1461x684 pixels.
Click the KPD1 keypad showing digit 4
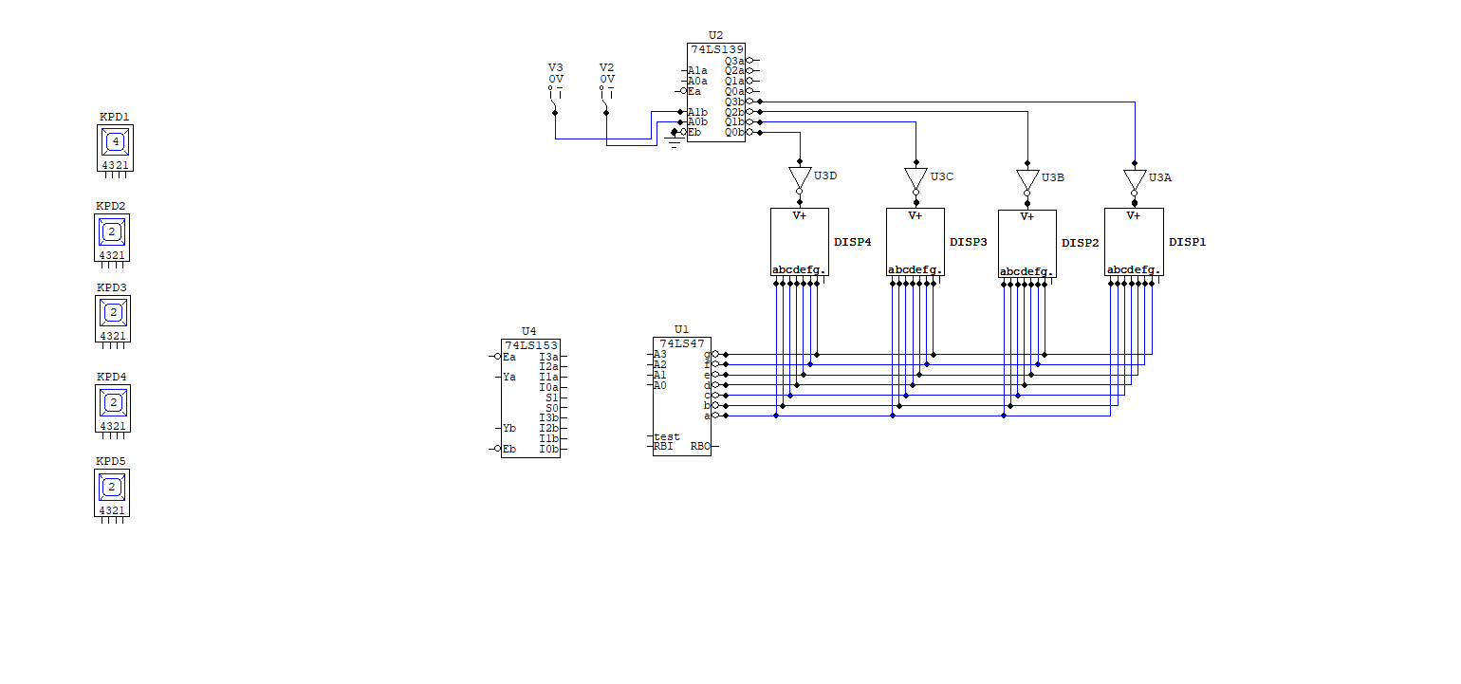tap(116, 148)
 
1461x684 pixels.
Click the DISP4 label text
tap(853, 242)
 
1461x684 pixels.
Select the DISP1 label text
tap(1187, 242)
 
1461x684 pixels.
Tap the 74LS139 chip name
tap(717, 49)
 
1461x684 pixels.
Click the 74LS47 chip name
tap(682, 343)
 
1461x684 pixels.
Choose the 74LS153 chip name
tap(531, 345)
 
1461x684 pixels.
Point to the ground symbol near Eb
tap(674, 140)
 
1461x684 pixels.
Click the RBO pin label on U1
tap(700, 447)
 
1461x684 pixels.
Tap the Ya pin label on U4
tap(509, 377)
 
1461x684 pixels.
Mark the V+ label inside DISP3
tap(915, 216)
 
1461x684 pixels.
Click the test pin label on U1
tap(667, 437)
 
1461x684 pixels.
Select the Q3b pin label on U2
tap(734, 102)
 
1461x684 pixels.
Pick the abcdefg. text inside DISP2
tap(1026, 271)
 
